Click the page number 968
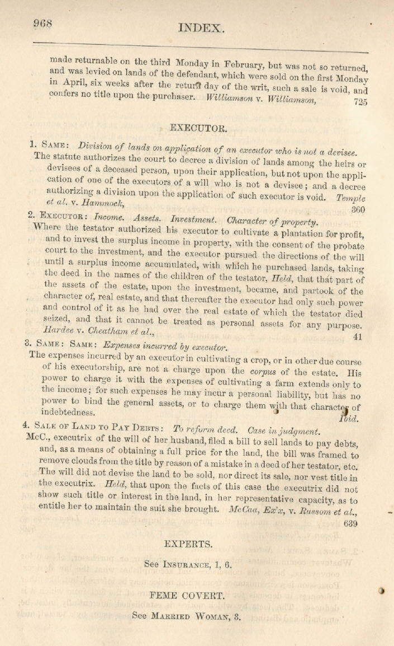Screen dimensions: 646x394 [x=42, y=23]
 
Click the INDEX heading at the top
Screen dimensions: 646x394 [x=202, y=27]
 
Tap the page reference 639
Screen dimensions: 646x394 [x=352, y=523]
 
